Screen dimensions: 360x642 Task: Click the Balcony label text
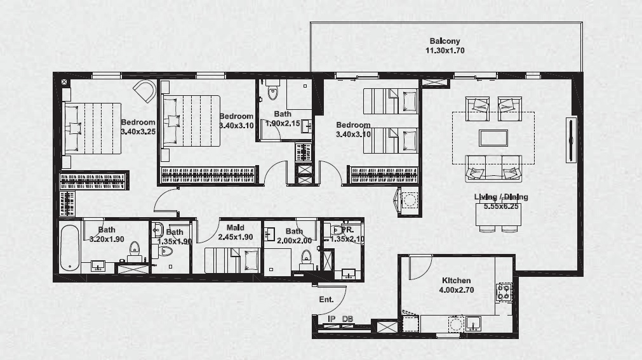[445, 41]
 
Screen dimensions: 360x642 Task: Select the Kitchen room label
[456, 281]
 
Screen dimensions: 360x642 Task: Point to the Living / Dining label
[501, 197]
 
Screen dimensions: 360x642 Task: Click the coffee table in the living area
[493, 138]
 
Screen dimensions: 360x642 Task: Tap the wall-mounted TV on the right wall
[570, 140]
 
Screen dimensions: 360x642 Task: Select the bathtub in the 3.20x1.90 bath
[68, 248]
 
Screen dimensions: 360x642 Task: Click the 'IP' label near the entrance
[331, 319]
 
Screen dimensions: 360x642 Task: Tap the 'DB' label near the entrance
[347, 319]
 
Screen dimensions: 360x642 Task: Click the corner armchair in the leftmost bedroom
[145, 91]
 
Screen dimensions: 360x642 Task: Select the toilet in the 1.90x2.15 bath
[273, 93]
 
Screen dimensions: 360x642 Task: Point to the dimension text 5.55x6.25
[501, 206]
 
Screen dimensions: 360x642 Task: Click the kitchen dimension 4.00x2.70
[456, 290]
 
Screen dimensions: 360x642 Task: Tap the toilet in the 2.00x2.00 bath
[306, 256]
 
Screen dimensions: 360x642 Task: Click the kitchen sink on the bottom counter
[473, 324]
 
